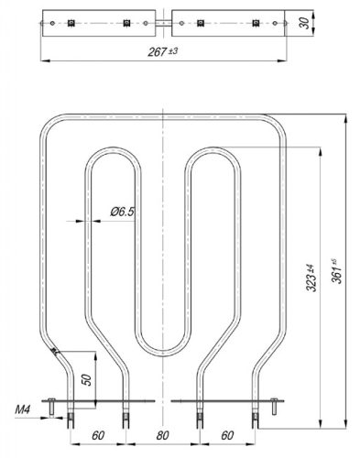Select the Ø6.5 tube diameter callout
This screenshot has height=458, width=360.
[122, 213]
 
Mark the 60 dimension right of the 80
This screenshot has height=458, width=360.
[227, 436]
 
